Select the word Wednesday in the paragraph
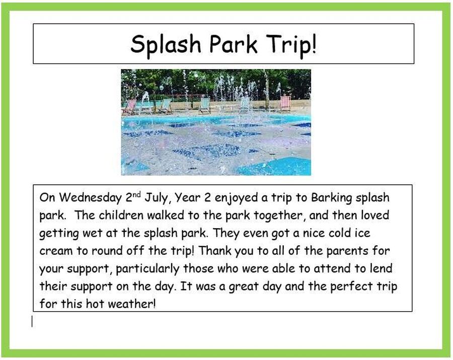91,198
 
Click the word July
158,198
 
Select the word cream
56,251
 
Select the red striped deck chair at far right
285,103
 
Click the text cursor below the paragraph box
32,321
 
